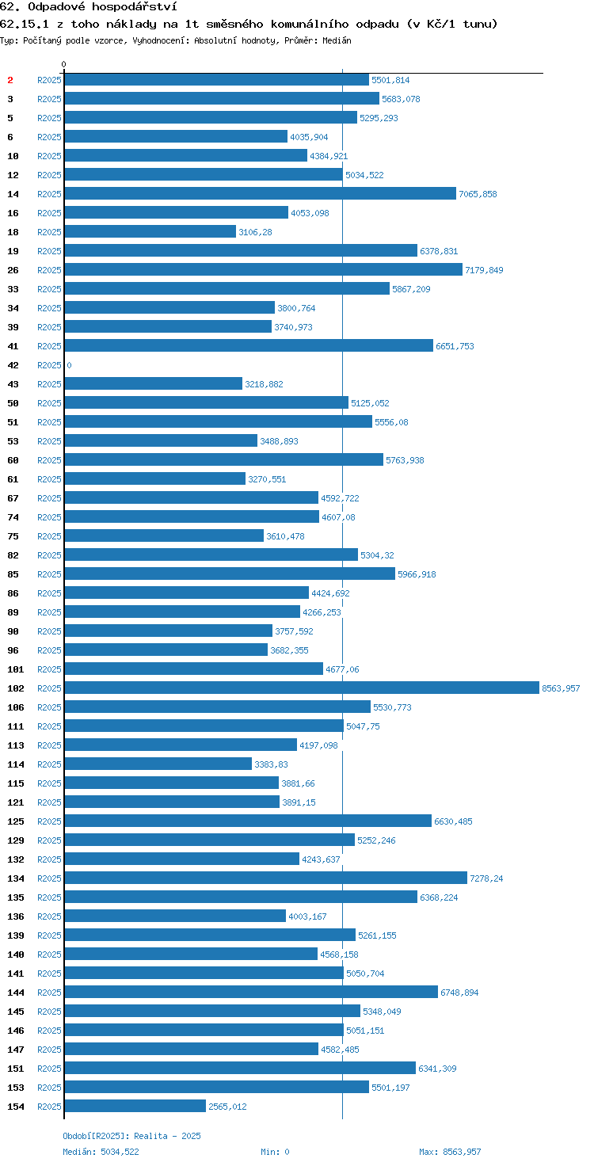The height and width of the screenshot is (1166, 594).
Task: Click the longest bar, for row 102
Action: pyautogui.click(x=302, y=688)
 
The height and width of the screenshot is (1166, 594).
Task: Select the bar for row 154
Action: pyautogui.click(x=135, y=1106)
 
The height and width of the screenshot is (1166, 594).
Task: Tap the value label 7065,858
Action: pyautogui.click(x=478, y=194)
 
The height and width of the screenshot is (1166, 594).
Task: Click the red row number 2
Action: pyautogui.click(x=10, y=80)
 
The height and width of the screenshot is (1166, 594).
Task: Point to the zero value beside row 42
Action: pyautogui.click(x=69, y=365)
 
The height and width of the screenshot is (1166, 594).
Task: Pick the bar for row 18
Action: pyautogui.click(x=150, y=231)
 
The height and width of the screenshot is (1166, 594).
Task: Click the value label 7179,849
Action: pyautogui.click(x=484, y=270)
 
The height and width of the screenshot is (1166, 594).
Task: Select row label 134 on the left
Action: pyautogui.click(x=16, y=878)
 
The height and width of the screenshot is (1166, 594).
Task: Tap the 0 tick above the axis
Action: pyautogui.click(x=63, y=64)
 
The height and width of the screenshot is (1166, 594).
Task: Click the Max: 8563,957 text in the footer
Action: pyautogui.click(x=450, y=1152)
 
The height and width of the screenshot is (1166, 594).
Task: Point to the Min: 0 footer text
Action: pyautogui.click(x=275, y=1152)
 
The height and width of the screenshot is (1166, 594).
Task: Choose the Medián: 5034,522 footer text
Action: pyautogui.click(x=101, y=1152)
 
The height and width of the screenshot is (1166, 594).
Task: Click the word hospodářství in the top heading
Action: pyautogui.click(x=135, y=7)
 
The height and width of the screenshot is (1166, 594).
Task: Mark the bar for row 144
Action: pyautogui.click(x=251, y=992)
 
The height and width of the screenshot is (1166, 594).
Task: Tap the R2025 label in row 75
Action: pyautogui.click(x=49, y=536)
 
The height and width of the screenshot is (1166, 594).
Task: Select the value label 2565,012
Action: pyautogui.click(x=227, y=1107)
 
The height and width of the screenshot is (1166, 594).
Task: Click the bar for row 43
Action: pyautogui.click(x=153, y=383)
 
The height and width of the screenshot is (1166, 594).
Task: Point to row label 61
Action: pyautogui.click(x=13, y=479)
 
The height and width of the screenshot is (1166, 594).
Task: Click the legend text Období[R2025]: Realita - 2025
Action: pyautogui.click(x=131, y=1136)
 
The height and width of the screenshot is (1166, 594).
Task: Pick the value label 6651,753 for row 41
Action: pyautogui.click(x=455, y=346)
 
